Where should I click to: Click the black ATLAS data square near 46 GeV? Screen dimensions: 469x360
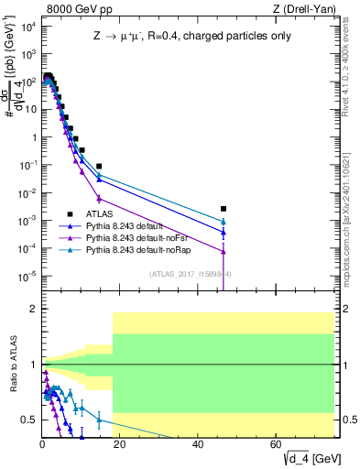[x=224, y=209]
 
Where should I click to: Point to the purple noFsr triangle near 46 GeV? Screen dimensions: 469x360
[x=224, y=251]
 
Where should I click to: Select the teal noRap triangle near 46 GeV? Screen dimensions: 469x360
[x=224, y=221]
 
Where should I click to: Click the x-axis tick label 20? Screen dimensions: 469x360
[x=120, y=444]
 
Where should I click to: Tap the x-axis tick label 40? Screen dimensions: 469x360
[x=199, y=444]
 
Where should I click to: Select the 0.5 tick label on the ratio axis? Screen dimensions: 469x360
[x=29, y=420]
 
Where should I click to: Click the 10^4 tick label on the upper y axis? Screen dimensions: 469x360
[x=28, y=25]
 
